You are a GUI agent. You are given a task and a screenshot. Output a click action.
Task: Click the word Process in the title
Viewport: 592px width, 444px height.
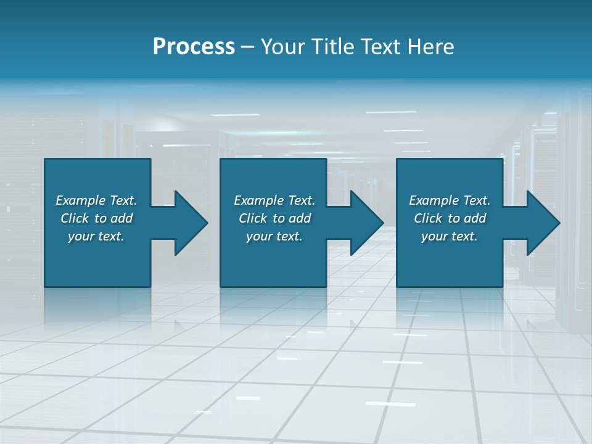pyautogui.click(x=194, y=47)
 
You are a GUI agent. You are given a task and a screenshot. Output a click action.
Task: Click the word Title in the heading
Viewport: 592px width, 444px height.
pyautogui.click(x=332, y=47)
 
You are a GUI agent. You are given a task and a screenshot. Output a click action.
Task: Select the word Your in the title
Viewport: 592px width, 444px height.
pyautogui.click(x=284, y=47)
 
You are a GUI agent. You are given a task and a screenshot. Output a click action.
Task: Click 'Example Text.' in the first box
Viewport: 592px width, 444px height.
pyautogui.click(x=96, y=200)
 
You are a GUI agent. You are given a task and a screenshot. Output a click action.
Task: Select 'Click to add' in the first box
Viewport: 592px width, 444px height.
pyautogui.click(x=96, y=218)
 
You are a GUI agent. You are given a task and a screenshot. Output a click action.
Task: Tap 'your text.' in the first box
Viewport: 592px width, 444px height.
pyautogui.click(x=96, y=236)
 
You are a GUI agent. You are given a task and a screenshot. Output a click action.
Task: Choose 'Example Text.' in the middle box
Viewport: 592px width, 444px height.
pyautogui.click(x=274, y=200)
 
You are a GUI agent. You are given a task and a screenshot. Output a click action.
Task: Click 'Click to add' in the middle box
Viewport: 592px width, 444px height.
pyautogui.click(x=274, y=218)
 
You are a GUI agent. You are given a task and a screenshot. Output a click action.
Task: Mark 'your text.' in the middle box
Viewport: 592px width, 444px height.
pyautogui.click(x=274, y=236)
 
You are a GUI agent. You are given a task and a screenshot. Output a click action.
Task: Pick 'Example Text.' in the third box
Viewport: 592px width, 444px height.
pyautogui.click(x=449, y=200)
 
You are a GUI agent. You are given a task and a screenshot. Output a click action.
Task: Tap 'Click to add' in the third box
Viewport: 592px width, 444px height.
pyautogui.click(x=449, y=218)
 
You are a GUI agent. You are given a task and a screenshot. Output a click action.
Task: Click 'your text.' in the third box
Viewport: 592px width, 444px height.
pyautogui.click(x=449, y=236)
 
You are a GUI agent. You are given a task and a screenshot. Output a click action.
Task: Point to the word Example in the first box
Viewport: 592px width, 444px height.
pyautogui.click(x=81, y=200)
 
